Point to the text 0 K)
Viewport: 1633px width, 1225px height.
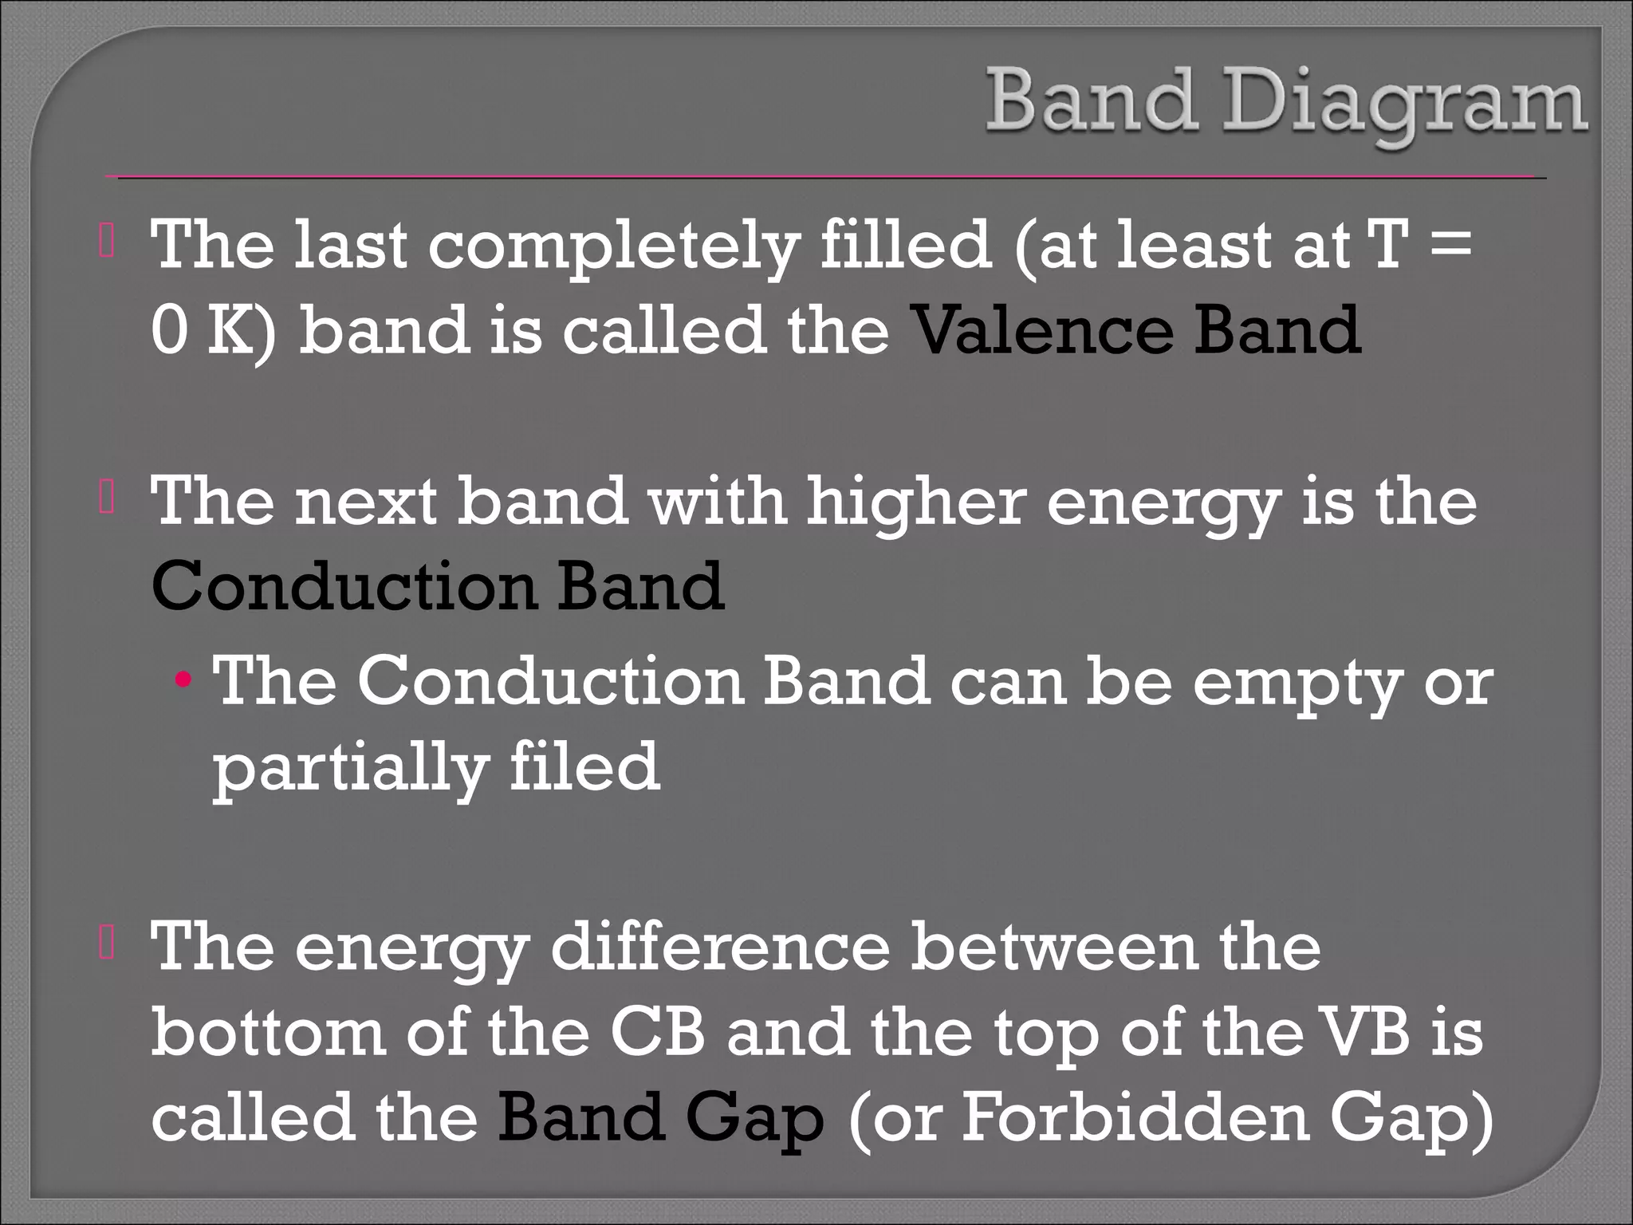point(212,330)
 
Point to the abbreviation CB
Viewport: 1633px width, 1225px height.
point(658,1032)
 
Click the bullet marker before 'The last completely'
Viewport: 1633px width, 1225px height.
point(107,245)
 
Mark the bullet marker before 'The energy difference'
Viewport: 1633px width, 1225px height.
point(107,945)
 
